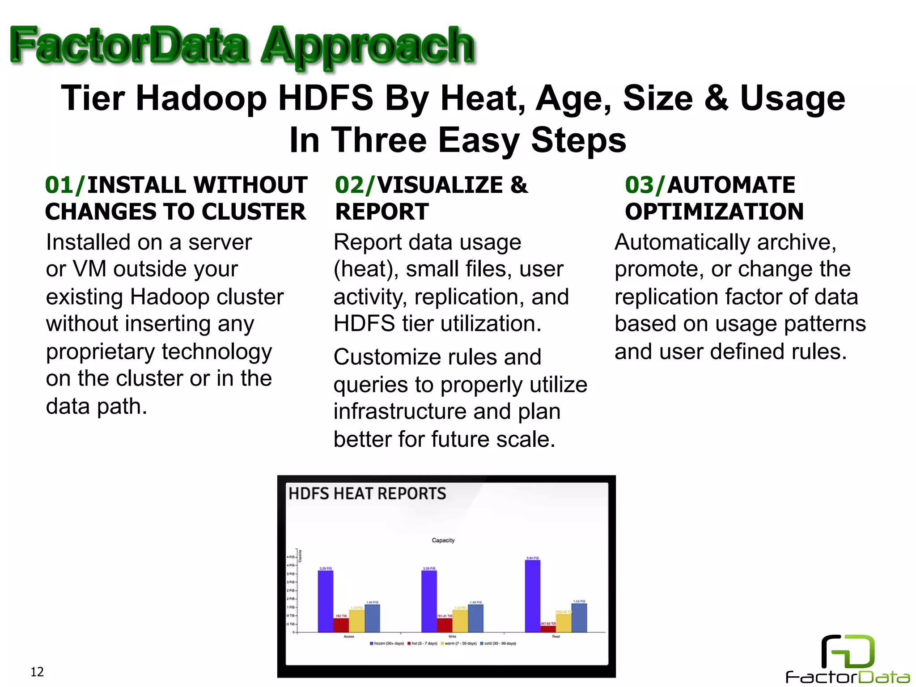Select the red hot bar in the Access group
[341, 625]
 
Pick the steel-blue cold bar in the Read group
[579, 618]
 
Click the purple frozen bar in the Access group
[325, 601]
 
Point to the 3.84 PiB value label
[532, 558]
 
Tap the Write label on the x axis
[452, 636]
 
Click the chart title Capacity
[443, 540]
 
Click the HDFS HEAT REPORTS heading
[367, 494]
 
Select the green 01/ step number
[64, 185]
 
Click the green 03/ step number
[645, 185]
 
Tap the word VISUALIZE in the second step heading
[440, 185]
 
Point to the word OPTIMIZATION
[714, 212]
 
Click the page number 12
[37, 672]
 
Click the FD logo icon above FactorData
[848, 651]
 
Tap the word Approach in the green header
[368, 46]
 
